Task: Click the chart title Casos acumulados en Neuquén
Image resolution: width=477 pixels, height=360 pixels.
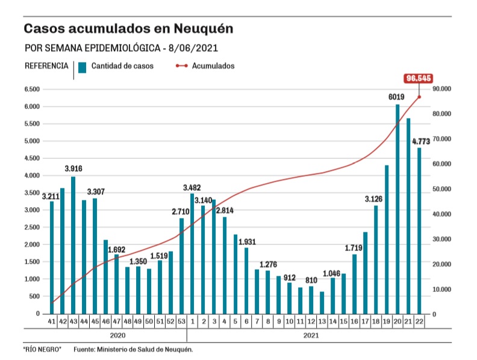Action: (x=128, y=29)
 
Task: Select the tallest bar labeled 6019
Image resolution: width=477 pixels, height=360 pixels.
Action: (x=397, y=208)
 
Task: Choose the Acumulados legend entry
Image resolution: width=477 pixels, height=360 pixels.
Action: (x=213, y=66)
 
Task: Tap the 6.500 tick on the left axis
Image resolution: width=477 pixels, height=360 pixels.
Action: (x=31, y=89)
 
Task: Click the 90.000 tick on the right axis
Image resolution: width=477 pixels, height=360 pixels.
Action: (x=443, y=89)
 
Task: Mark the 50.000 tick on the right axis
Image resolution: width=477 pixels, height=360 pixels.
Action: (x=443, y=189)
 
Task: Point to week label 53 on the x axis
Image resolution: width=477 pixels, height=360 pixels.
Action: (x=181, y=323)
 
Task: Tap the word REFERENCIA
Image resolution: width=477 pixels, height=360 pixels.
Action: (x=46, y=66)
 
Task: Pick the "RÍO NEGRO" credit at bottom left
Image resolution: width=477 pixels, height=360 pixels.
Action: (x=42, y=350)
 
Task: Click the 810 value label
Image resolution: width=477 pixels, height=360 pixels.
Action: (x=311, y=281)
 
